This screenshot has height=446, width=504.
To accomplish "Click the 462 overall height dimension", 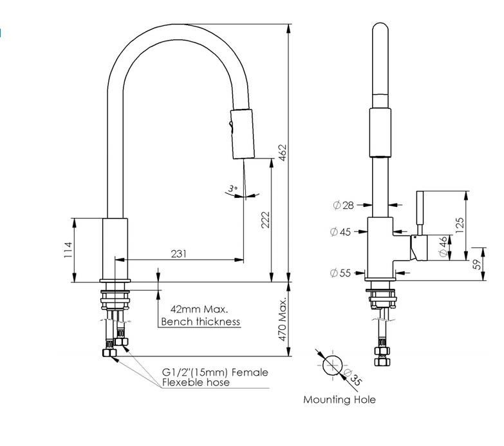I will coord(282,153).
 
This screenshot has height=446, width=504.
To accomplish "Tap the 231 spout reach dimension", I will coord(179,254).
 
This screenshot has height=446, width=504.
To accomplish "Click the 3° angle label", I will coord(233,189).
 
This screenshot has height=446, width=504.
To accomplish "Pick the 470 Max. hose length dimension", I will coord(282,320).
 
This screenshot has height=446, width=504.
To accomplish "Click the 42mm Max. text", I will coord(191,309).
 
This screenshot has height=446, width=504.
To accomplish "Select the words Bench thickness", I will coord(200,322).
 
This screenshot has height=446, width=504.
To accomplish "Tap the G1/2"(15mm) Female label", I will coord(215,373).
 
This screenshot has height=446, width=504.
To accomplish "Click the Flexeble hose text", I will coord(196,382).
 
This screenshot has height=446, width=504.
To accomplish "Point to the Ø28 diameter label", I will coord(343,205).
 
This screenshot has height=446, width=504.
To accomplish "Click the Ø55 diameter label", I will coord(341,273).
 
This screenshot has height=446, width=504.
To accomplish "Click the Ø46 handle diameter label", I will coord(443,247).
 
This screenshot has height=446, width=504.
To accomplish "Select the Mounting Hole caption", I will coord(339,400).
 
